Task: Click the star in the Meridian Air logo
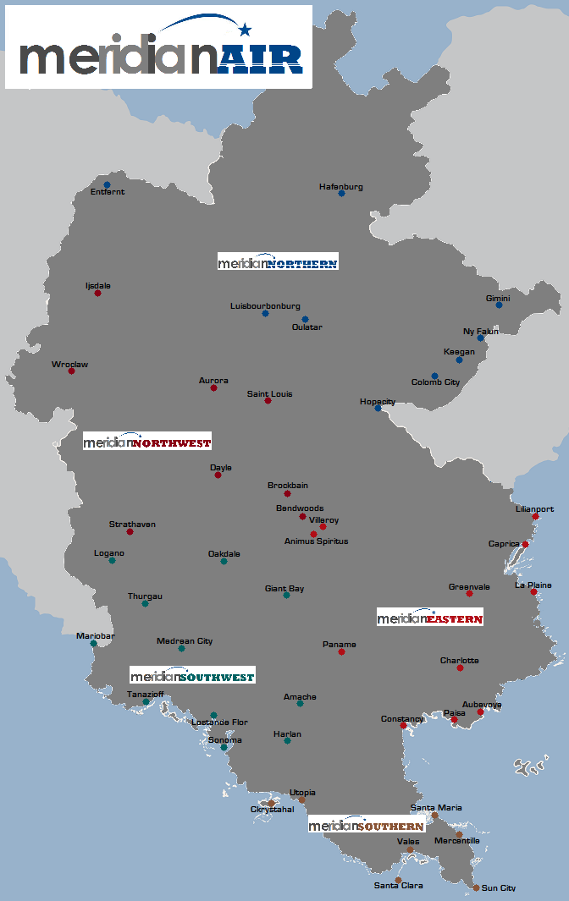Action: [246, 30]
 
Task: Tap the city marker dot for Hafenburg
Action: [341, 194]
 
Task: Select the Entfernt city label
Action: [108, 192]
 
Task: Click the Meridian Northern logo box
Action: [278, 261]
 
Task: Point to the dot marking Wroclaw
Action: [71, 371]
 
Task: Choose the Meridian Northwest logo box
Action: [147, 441]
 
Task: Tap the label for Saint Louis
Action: [270, 393]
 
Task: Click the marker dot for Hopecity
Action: [378, 409]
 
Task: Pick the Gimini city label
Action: [498, 298]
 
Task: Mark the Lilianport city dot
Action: [535, 516]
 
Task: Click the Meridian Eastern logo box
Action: [430, 618]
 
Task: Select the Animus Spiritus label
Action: [316, 541]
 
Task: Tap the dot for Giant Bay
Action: [286, 596]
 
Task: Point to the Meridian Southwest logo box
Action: [192, 675]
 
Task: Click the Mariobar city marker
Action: [93, 644]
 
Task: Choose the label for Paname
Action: [340, 645]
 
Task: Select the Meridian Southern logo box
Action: [366, 825]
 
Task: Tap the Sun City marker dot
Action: [476, 887]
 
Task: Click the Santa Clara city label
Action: [398, 886]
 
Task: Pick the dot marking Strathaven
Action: [130, 532]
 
